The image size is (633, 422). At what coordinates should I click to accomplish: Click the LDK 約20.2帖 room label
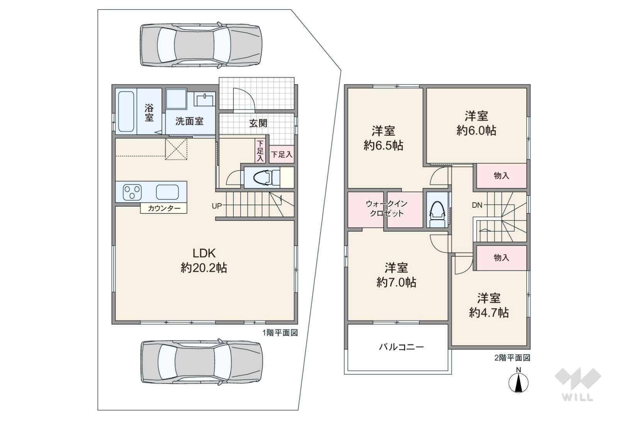[204, 261]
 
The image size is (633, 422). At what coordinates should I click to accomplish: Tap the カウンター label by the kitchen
[164, 208]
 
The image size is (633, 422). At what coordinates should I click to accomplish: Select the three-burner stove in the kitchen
[132, 192]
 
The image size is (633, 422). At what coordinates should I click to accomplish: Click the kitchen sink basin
[167, 192]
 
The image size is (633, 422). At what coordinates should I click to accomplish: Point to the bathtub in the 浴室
[126, 111]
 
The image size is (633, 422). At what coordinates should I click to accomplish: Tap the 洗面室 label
[189, 122]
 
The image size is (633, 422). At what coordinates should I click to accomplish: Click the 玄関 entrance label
[258, 123]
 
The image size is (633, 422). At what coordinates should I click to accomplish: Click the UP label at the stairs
[217, 206]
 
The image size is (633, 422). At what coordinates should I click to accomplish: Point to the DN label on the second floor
[477, 205]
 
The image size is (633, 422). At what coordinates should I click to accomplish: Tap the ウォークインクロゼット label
[386, 208]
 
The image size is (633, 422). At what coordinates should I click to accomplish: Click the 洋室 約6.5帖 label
[383, 138]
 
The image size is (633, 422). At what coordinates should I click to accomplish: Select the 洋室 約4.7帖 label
[489, 306]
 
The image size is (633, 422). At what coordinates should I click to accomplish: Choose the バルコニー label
[401, 347]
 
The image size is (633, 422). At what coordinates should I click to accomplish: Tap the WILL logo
[578, 385]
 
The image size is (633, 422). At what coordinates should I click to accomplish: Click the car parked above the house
[201, 45]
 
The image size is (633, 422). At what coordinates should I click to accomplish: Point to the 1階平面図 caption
[280, 333]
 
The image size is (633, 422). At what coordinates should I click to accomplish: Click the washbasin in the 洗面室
[204, 100]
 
